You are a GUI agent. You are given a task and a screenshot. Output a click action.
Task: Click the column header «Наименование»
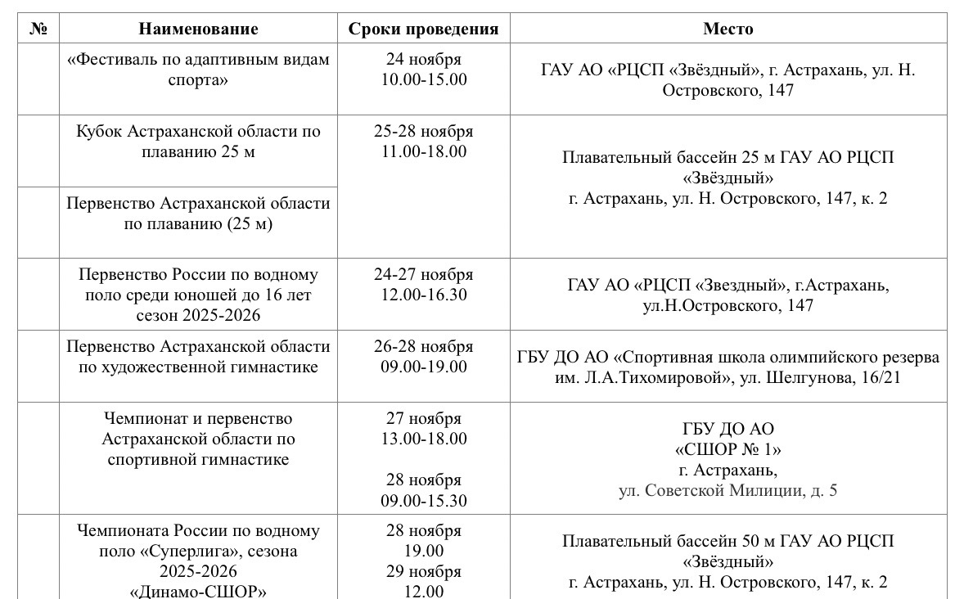pos(198,29)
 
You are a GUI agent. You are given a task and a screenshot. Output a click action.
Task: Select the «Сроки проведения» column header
pos(423,29)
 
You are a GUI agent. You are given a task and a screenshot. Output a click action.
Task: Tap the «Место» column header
pos(728,29)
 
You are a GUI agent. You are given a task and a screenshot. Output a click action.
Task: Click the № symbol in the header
pos(38,29)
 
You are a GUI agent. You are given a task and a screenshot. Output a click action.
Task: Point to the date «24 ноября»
pos(423,59)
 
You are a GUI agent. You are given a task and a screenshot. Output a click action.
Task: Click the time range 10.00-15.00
pos(423,79)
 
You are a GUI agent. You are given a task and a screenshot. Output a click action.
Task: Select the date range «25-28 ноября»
pos(423,131)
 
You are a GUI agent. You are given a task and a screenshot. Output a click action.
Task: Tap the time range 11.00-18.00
pos(423,151)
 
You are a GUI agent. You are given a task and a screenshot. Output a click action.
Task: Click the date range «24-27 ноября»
pos(423,274)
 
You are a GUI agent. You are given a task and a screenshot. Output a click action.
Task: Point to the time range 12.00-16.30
pos(423,295)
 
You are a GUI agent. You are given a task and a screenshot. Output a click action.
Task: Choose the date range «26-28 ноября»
pos(423,346)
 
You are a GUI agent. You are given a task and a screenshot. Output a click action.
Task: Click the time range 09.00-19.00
pos(423,367)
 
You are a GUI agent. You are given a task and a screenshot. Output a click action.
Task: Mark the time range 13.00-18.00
pos(423,439)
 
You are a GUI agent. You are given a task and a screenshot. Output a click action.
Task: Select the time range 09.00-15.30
pos(423,500)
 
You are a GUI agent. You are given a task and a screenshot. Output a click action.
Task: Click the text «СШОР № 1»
pos(728,449)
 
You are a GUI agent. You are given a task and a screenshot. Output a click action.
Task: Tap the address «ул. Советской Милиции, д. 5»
pos(728,490)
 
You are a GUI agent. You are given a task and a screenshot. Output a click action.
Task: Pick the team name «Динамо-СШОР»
pos(198,592)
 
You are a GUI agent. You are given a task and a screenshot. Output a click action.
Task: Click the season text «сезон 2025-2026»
pos(198,315)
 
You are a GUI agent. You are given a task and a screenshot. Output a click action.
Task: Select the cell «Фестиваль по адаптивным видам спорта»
pos(198,70)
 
